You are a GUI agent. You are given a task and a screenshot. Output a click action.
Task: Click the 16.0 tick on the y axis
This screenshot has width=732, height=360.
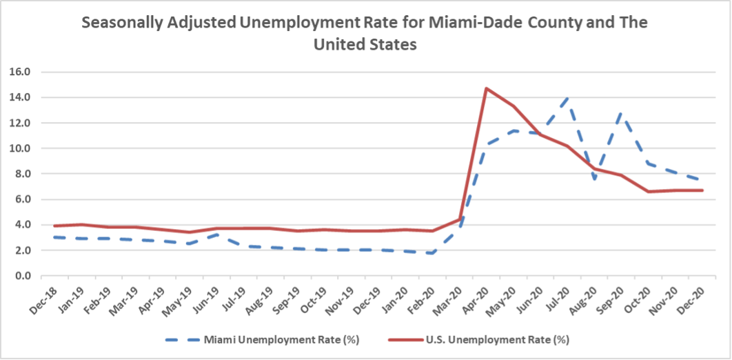tap(21, 72)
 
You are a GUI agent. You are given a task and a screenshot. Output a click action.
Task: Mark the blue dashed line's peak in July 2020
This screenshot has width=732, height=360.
tap(567, 97)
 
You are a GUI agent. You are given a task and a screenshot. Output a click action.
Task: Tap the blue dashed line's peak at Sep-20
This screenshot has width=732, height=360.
tap(621, 112)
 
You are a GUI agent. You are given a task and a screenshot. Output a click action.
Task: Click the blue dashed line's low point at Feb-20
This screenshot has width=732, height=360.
tap(432, 253)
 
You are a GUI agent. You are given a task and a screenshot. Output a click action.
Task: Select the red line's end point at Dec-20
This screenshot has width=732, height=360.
tap(702, 190)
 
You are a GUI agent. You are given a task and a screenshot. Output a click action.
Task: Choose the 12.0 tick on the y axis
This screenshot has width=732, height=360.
tap(21, 123)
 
